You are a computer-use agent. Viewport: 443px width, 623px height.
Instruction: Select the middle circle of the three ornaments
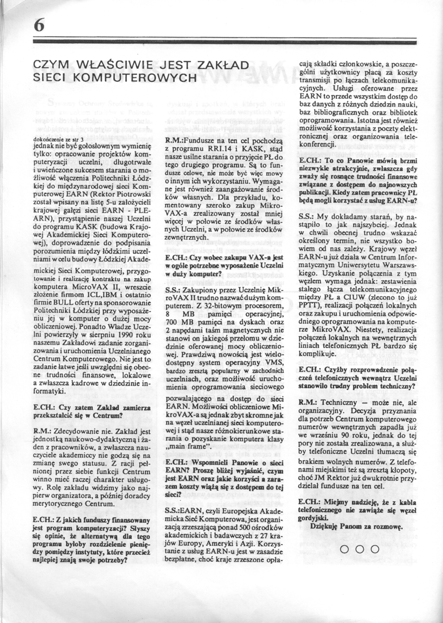359,549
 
